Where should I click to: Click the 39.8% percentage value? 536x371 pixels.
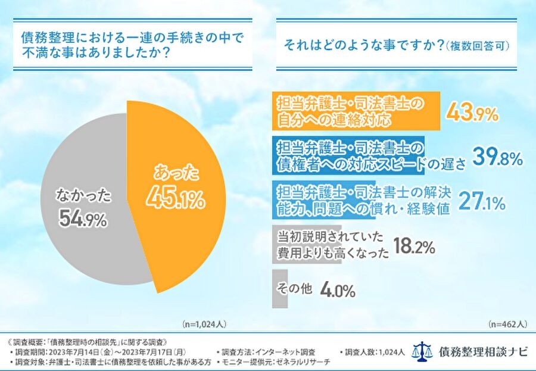pyautogui.click(x=497, y=157)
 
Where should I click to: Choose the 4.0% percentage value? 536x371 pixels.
pyautogui.click(x=338, y=291)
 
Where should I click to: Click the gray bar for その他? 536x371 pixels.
pyautogui.click(x=276, y=289)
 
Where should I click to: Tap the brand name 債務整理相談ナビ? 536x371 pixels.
pyautogui.click(x=482, y=351)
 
